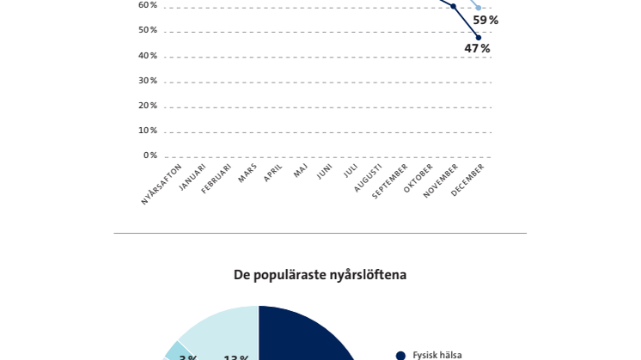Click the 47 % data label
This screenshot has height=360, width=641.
477,49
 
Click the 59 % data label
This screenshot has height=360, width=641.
485,21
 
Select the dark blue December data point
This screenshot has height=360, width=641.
479,37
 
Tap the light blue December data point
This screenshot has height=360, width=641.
479,8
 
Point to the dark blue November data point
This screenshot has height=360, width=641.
454,6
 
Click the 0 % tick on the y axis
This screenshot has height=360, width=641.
150,156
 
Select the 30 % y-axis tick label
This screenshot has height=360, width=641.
148,81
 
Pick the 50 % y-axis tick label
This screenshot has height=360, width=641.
148,30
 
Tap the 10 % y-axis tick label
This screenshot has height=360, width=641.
148,131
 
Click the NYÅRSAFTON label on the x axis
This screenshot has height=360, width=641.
162,184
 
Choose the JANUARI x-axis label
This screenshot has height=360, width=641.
192,178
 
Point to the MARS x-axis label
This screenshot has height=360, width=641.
248,173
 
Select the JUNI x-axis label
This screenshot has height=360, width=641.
325,172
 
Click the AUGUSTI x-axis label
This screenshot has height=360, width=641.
369,177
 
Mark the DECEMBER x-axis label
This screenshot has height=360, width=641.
468,180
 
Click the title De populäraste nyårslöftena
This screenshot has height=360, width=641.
320,275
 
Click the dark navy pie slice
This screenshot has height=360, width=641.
301,339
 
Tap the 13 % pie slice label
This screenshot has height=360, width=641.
236,358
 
